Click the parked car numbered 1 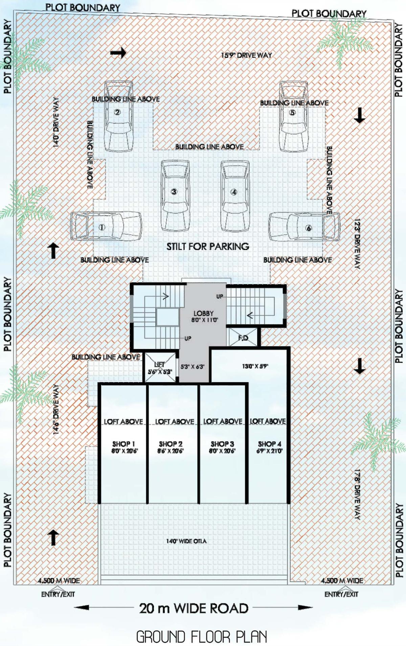106,226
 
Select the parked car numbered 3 175,195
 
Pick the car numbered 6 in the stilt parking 304,227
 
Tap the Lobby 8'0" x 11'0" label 204,316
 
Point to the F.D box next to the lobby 243,338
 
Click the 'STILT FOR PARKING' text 207,247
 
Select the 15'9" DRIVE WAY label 246,55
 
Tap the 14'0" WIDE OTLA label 186,541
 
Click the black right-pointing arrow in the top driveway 118,53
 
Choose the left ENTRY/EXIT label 58,594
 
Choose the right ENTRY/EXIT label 341,594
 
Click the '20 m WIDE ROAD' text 194,608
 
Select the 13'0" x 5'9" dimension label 255,366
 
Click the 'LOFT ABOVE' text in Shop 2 175,421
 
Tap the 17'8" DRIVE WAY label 357,494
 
